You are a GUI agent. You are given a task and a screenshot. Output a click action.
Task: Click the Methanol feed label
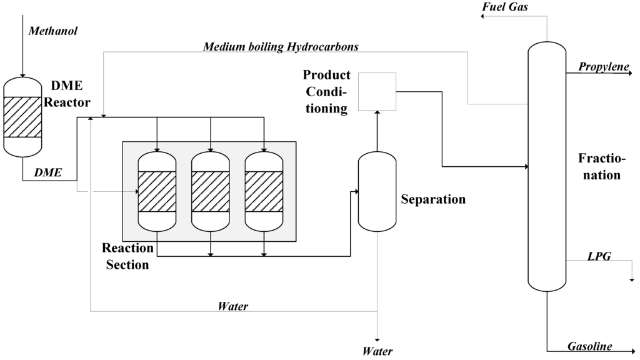pos(53,31)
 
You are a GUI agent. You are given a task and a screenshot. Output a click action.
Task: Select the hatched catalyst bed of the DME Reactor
pos(22,117)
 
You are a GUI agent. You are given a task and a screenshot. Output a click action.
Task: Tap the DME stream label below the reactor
pos(48,172)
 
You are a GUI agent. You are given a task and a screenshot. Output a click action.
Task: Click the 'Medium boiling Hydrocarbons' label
pos(281,47)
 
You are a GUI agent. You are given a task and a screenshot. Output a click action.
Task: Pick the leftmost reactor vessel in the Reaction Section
pos(157,191)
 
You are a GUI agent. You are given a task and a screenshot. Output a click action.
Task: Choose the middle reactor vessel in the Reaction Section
pos(211,191)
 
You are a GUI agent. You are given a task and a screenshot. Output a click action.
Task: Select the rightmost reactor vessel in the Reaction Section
pos(264,191)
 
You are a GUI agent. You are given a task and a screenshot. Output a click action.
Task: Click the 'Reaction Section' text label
pos(127,256)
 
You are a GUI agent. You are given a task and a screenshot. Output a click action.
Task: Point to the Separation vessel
pos(376,191)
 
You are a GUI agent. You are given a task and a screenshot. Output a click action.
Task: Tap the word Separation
pos(433,199)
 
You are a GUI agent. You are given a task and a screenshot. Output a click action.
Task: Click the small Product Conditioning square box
pos(377,91)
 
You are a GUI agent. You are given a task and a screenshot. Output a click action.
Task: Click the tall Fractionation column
pos(547,166)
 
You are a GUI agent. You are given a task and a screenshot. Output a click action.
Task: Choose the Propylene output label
pos(603,66)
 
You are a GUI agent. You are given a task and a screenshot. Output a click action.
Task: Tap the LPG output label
pos(599,256)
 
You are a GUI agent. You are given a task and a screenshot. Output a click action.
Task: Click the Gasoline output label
pos(589,346)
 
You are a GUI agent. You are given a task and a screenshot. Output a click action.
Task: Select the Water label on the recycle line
pos(232,306)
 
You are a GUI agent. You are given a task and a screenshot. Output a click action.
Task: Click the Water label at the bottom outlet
pos(377,351)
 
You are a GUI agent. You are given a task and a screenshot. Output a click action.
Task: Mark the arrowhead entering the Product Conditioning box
pos(377,114)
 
